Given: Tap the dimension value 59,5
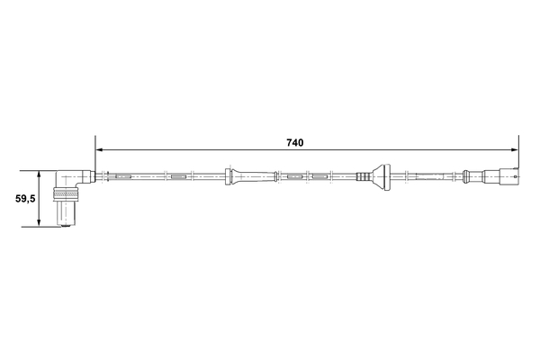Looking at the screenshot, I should [24, 199].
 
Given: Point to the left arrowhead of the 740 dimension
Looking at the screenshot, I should [100, 149].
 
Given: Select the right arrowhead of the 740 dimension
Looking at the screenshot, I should [514, 149].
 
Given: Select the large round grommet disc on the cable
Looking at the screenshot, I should [382, 176].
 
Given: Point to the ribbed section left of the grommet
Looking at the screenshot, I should [364, 176].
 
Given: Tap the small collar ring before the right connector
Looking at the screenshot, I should [473, 176].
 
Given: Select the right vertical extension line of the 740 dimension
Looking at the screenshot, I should [519, 157].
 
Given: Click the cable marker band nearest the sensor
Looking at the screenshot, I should [123, 176].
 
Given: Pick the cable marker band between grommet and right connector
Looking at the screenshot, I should [432, 176].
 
